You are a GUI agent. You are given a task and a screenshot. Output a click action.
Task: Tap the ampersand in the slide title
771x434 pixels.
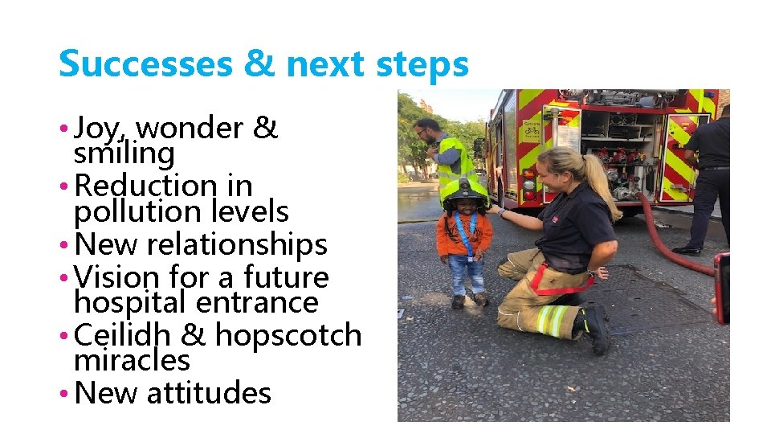(x=257, y=64)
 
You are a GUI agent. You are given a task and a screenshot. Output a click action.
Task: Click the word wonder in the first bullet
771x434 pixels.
(x=190, y=128)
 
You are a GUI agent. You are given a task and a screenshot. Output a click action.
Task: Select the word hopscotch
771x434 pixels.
(x=288, y=335)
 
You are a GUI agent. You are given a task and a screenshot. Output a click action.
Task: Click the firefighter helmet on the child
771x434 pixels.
(x=465, y=191)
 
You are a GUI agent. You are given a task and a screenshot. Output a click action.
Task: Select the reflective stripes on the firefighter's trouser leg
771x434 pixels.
(x=552, y=320)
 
